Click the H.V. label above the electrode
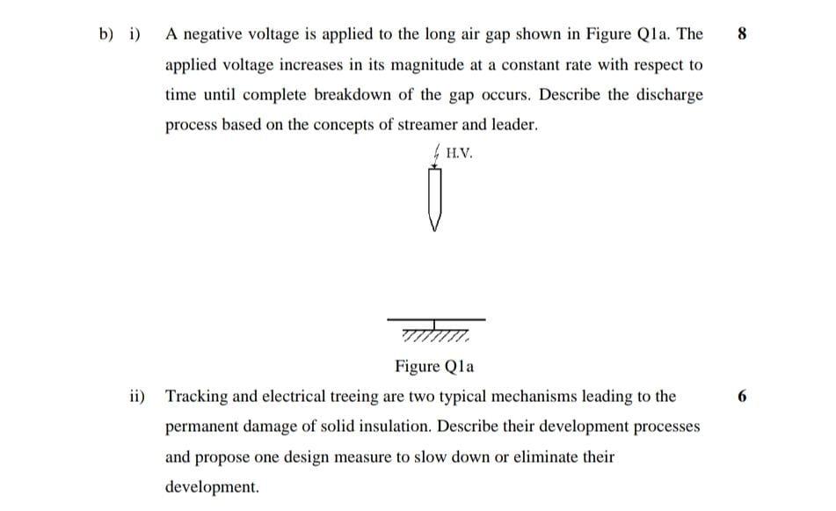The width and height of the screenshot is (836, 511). (x=459, y=153)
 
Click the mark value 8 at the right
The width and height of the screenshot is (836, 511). (x=743, y=35)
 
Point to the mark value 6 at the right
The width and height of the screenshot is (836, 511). (x=743, y=397)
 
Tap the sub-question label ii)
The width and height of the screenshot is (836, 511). (x=136, y=397)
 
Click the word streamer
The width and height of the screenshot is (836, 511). (x=429, y=125)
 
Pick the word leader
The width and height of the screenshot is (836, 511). (x=513, y=125)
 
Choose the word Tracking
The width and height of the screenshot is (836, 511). (x=197, y=397)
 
